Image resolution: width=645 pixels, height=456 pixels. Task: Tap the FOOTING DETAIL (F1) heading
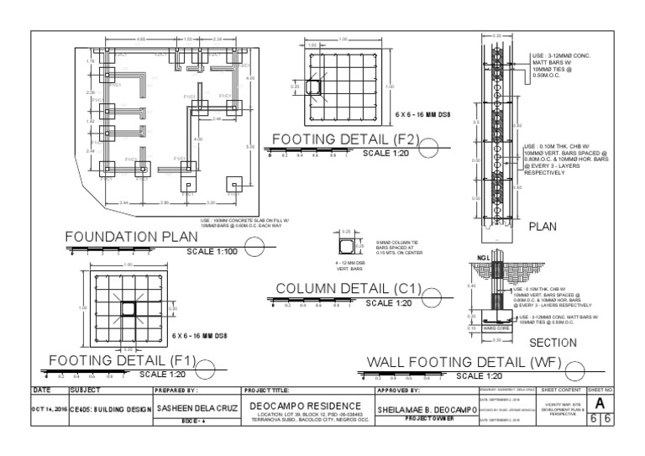coord(117,361)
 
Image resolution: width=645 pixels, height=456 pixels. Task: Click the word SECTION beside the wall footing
coord(553,343)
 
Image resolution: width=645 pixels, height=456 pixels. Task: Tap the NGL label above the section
coord(483,258)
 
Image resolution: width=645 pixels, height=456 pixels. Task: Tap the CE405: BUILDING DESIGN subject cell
coord(110,409)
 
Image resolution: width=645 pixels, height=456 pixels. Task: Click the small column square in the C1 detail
coord(344,246)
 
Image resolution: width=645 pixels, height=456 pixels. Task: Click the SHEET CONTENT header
coord(563,390)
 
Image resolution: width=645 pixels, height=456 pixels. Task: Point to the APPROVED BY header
coord(398,390)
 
